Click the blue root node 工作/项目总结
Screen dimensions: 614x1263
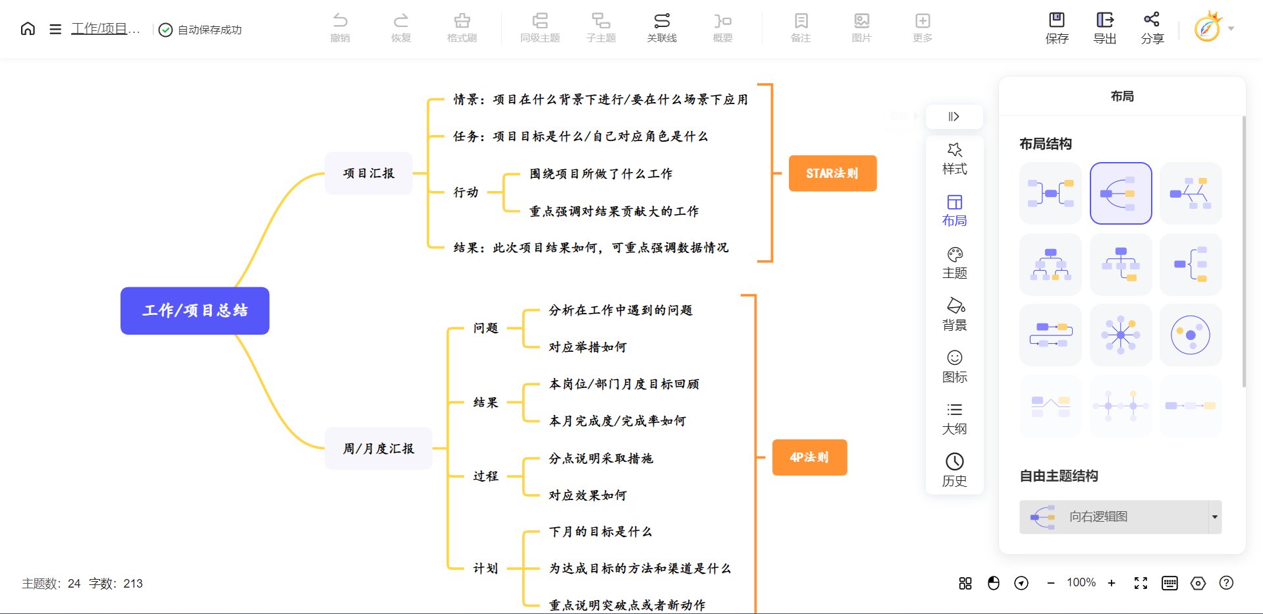(x=195, y=311)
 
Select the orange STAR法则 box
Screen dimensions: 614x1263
(x=832, y=173)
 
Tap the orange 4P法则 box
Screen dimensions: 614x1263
(x=809, y=457)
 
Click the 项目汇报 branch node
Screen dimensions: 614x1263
(x=369, y=173)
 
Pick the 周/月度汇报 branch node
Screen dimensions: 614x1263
(x=379, y=449)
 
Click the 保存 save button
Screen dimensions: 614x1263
(x=1057, y=28)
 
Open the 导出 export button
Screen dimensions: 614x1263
(x=1105, y=28)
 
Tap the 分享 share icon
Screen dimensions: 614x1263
(x=1152, y=28)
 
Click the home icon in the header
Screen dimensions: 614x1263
(x=28, y=28)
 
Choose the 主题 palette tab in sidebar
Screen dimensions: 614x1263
(x=955, y=263)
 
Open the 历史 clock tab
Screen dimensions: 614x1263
(x=955, y=470)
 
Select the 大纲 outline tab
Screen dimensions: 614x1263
(x=955, y=418)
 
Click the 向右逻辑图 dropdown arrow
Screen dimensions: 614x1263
(x=1214, y=517)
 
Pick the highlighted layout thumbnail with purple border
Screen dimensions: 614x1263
(x=1121, y=194)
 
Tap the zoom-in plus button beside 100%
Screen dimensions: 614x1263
(x=1112, y=583)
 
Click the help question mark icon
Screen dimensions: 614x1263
(x=1226, y=583)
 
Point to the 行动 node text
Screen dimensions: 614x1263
(x=466, y=192)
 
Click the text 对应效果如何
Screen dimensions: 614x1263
(x=587, y=495)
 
